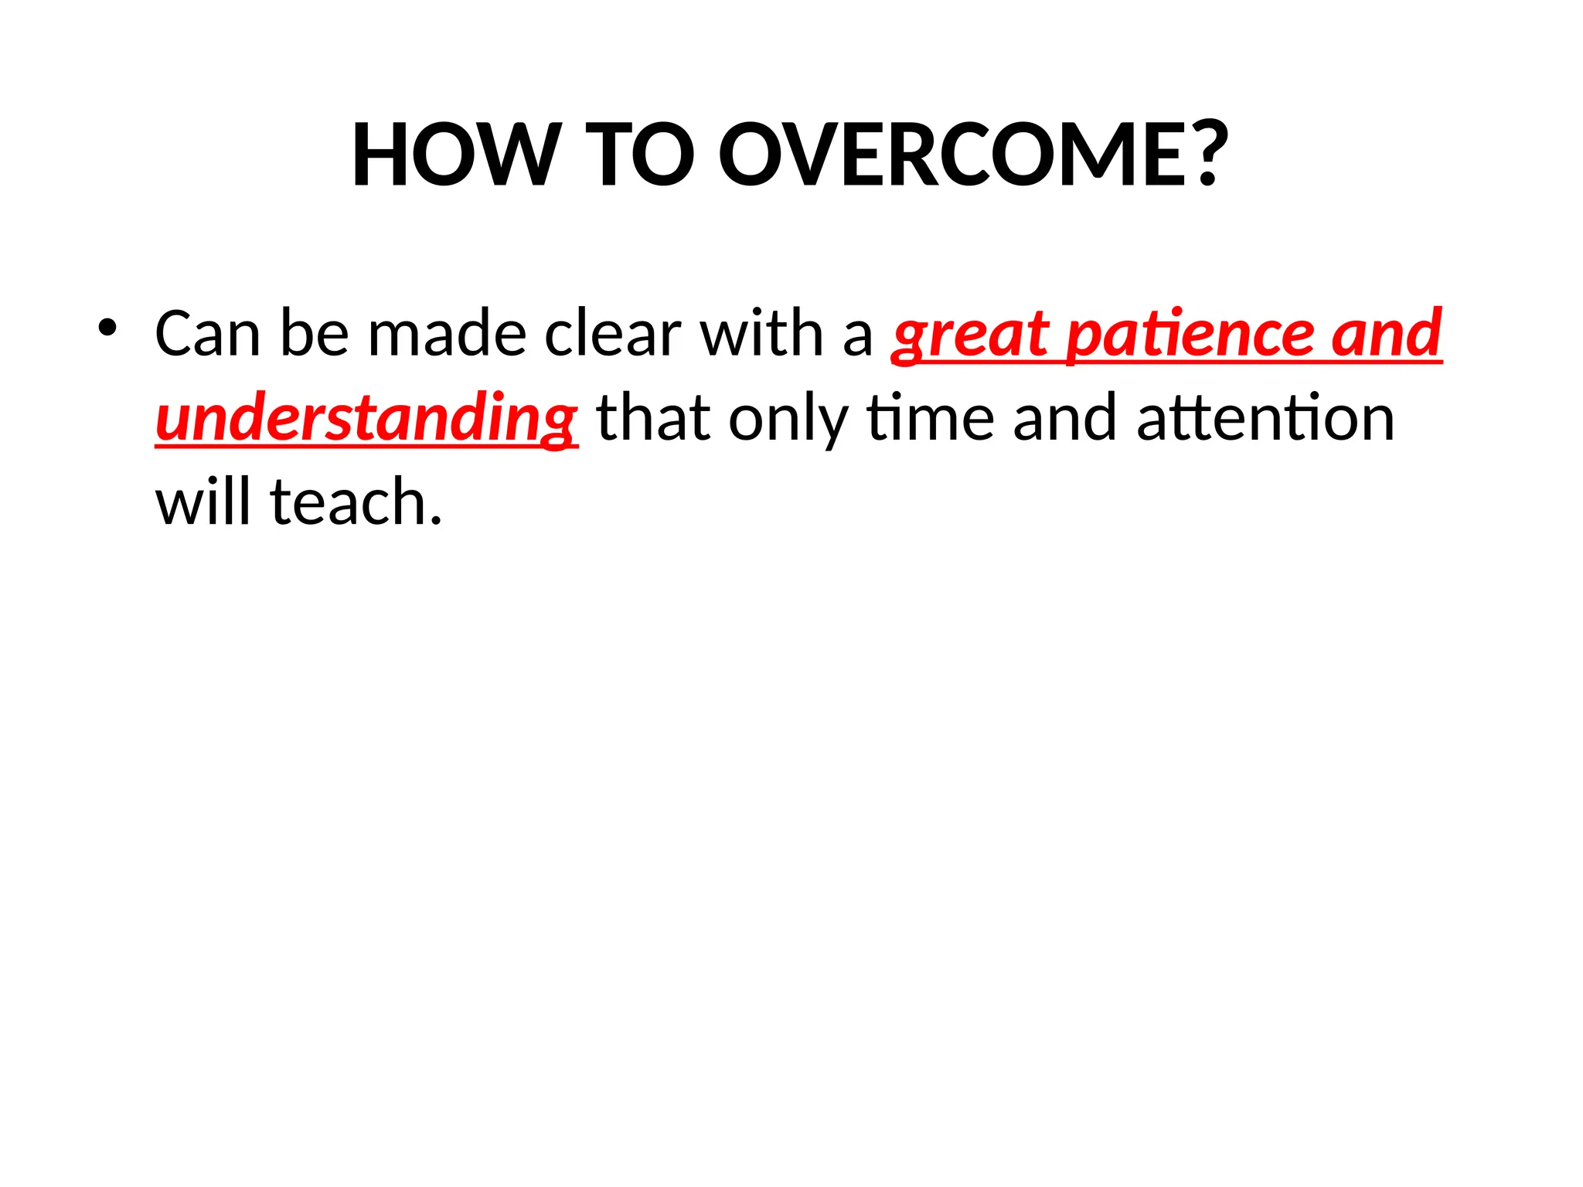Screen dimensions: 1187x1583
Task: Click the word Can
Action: (207, 334)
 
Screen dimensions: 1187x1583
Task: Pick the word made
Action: (447, 334)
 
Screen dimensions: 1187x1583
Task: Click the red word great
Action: (970, 334)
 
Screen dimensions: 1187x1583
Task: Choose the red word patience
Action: (1190, 334)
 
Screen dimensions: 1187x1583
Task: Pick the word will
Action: (203, 502)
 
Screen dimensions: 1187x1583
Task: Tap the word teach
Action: (356, 502)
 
